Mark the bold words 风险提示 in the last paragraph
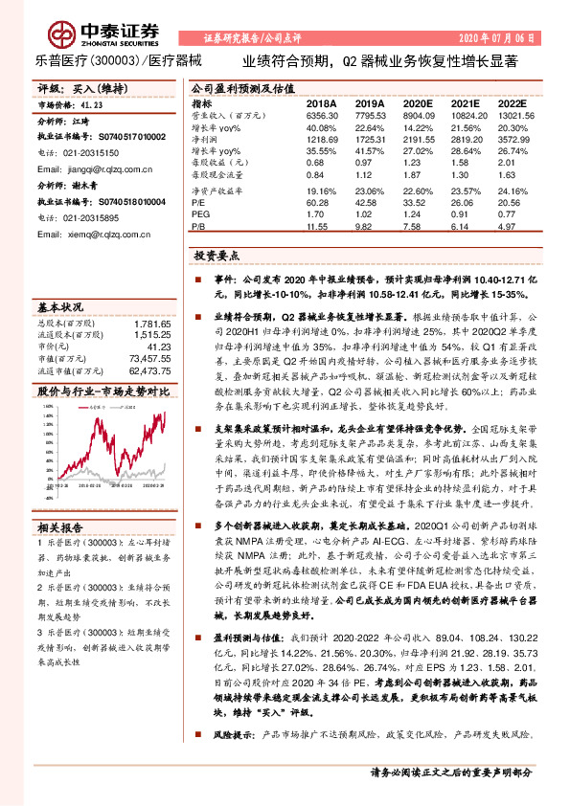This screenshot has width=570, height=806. point(230,735)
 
